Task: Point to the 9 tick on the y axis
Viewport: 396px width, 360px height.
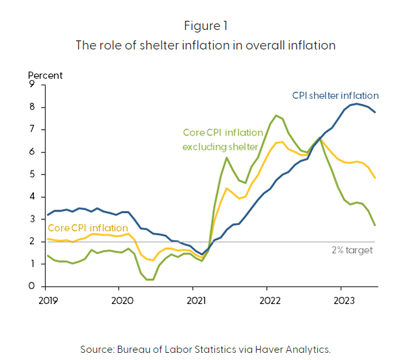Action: [31, 85]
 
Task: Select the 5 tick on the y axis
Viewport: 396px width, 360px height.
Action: [31, 174]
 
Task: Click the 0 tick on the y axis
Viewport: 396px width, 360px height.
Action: [31, 286]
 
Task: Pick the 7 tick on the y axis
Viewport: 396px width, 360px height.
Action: [31, 130]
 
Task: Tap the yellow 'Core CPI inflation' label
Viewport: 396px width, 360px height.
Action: [87, 228]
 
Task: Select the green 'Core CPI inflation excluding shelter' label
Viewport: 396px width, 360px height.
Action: [221, 140]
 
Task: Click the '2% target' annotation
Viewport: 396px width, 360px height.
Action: [352, 249]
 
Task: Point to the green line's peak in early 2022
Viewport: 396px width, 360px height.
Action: [276, 115]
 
